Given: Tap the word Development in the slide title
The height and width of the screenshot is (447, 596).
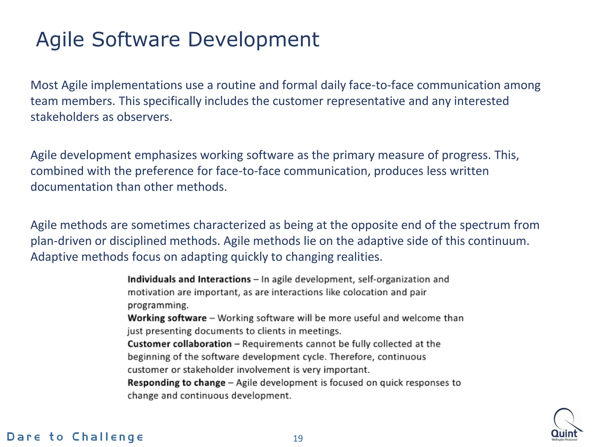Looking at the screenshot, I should tap(253, 40).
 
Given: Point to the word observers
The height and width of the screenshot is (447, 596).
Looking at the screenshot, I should tap(145, 117).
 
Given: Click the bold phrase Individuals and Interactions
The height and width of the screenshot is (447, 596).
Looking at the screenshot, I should tap(189, 279).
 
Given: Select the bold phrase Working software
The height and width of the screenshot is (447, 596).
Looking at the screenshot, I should tap(167, 318).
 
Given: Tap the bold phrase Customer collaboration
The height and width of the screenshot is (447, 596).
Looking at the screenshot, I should tap(180, 344).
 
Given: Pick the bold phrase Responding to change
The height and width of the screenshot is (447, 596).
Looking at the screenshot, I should tap(176, 383).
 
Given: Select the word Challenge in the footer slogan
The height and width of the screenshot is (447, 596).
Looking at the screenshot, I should tap(108, 437).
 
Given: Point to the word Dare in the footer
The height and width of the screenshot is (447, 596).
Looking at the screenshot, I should tap(24, 437).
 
